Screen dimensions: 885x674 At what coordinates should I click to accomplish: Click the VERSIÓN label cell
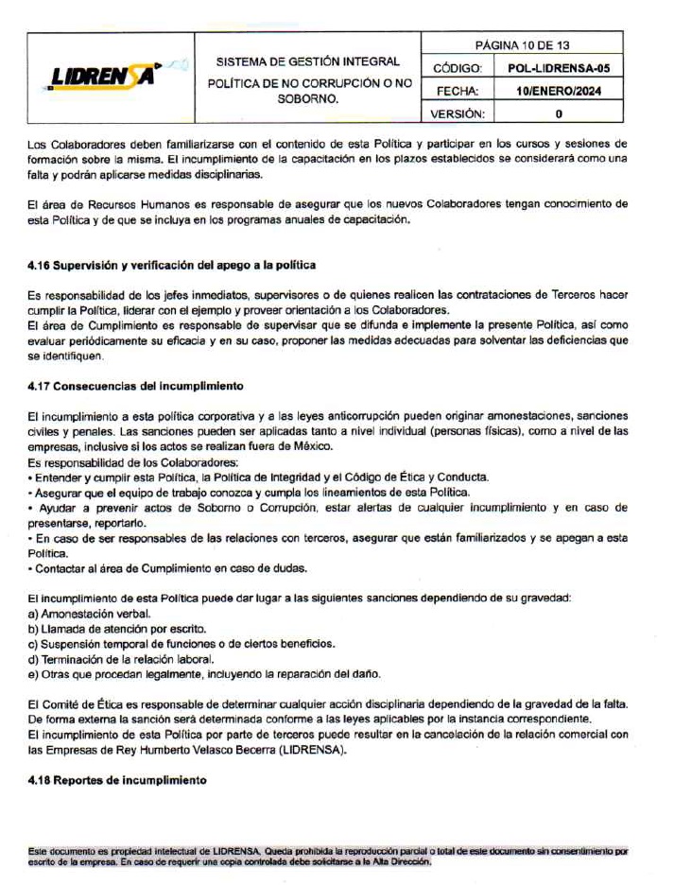point(458,113)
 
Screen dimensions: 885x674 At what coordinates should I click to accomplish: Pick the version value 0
point(559,113)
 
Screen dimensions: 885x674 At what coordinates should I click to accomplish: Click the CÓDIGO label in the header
point(458,68)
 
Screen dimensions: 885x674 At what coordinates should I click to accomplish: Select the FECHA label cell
point(458,91)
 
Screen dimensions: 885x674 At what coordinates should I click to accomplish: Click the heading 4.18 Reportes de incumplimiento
point(117,780)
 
